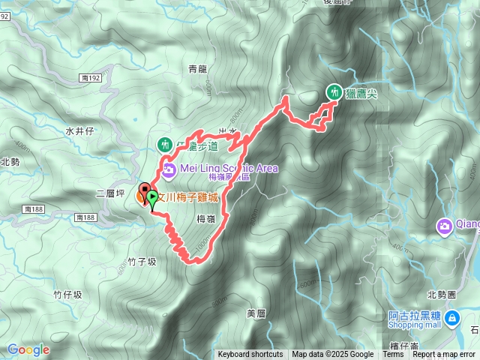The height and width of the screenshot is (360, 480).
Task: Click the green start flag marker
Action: pyautogui.click(x=153, y=199)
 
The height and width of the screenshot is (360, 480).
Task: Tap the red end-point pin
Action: pyautogui.click(x=145, y=190)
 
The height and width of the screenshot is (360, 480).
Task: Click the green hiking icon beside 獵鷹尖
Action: pyautogui.click(x=333, y=91)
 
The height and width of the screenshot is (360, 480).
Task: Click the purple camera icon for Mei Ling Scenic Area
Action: pyautogui.click(x=169, y=170)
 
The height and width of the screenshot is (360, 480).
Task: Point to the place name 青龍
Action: pyautogui.click(x=197, y=68)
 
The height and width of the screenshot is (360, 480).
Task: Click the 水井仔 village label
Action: pyautogui.click(x=78, y=130)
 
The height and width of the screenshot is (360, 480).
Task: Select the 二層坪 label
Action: pyautogui.click(x=110, y=193)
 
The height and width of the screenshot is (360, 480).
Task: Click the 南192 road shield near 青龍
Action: pyautogui.click(x=88, y=77)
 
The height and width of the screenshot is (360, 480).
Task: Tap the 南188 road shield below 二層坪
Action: pyautogui.click(x=87, y=217)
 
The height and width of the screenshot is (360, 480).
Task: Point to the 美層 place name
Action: pyautogui.click(x=256, y=312)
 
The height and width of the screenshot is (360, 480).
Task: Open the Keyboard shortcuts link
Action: pyautogui.click(x=250, y=355)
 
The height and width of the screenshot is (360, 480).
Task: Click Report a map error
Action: pyautogui.click(x=444, y=355)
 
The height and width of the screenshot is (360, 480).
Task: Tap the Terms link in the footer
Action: pyautogui.click(x=393, y=355)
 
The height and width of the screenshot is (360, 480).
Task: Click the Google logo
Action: pyautogui.click(x=28, y=349)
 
